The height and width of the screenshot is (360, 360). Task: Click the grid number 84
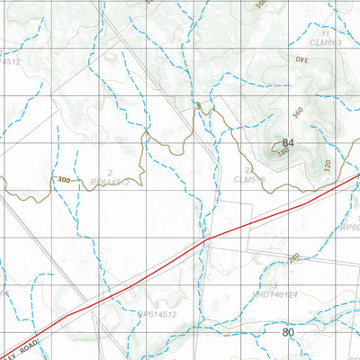pos(288,144)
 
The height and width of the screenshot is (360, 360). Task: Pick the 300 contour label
pos(63,180)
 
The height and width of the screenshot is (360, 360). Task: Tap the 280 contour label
pos(293,258)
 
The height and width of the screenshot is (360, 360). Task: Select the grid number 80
pos(288,333)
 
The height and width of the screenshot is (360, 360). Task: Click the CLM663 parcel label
pos(326,41)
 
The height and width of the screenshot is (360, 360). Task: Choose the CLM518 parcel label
pos(249,180)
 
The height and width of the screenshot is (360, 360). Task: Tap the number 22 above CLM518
pos(248,170)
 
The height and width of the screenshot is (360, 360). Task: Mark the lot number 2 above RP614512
pos(110,171)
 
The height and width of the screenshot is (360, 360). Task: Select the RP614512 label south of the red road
pos(158,315)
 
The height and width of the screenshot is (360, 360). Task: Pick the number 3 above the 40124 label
pos(274,284)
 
